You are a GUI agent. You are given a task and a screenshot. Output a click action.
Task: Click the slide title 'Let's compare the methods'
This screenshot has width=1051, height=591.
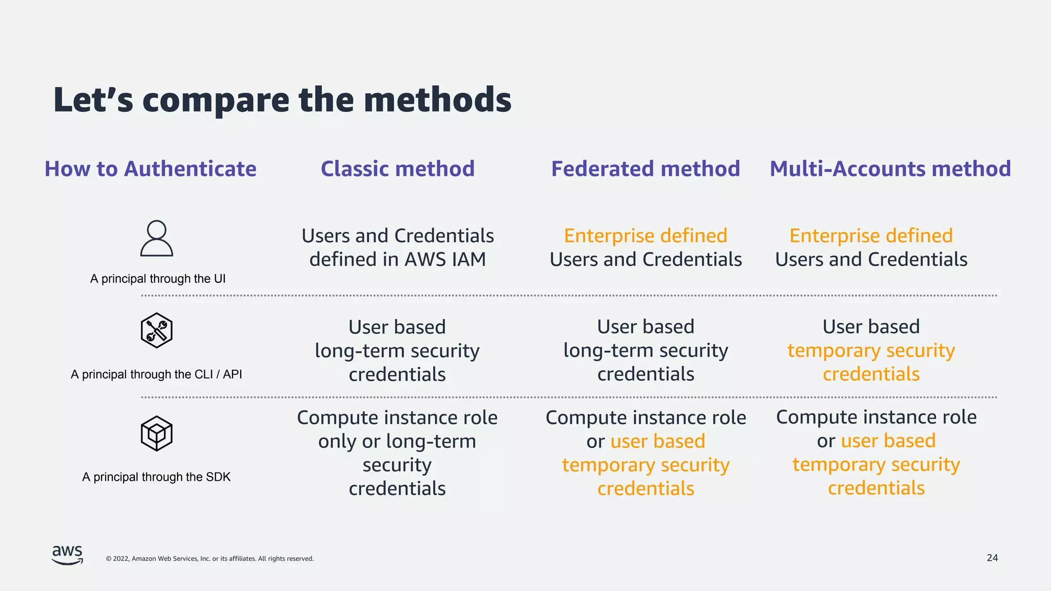(x=282, y=100)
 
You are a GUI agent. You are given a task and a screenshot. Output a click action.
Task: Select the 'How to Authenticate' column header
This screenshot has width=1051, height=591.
(x=150, y=169)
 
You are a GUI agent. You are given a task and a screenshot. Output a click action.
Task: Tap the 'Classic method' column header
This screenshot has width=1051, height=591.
(x=398, y=169)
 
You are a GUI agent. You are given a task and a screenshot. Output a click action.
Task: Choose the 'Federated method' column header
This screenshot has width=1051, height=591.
(x=646, y=169)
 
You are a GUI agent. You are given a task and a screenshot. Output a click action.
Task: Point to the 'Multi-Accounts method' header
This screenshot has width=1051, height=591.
(x=890, y=169)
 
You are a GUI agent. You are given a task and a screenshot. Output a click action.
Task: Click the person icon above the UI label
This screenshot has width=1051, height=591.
(x=157, y=238)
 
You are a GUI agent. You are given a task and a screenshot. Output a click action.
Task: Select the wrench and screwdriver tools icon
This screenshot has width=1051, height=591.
(x=157, y=330)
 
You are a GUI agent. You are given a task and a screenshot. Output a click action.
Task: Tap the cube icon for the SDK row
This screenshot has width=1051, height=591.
(x=157, y=434)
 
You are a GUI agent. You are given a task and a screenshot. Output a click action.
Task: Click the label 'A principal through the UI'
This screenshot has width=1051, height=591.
(x=158, y=279)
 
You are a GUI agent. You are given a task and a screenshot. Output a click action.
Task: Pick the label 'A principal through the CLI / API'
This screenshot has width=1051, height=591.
(x=157, y=375)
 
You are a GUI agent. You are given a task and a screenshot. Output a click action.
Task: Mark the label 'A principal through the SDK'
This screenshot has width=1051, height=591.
(x=157, y=477)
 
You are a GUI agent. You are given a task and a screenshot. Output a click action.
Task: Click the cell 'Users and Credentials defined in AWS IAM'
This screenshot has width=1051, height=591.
(x=398, y=248)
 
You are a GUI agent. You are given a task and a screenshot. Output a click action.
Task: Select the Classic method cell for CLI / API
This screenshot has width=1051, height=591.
(x=397, y=351)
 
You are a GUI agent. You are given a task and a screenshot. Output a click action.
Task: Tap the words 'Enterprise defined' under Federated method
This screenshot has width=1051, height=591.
(x=646, y=236)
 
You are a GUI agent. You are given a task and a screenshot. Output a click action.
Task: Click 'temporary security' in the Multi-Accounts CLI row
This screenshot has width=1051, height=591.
(x=871, y=351)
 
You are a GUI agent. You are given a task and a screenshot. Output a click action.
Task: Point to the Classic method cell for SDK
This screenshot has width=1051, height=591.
(x=397, y=453)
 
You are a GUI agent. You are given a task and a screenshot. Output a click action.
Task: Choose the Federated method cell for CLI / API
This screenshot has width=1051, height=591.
(x=646, y=351)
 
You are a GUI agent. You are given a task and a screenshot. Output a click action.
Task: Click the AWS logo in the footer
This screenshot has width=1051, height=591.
(x=67, y=555)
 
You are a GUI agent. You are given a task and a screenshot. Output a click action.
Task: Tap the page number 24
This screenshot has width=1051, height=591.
(x=992, y=558)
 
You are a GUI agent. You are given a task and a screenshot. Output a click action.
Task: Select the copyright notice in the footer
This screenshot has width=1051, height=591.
(x=210, y=559)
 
